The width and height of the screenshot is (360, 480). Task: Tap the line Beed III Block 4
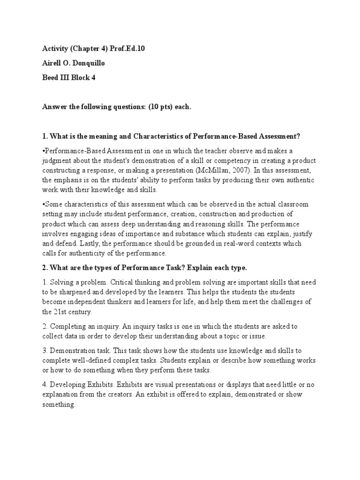pos(68,78)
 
